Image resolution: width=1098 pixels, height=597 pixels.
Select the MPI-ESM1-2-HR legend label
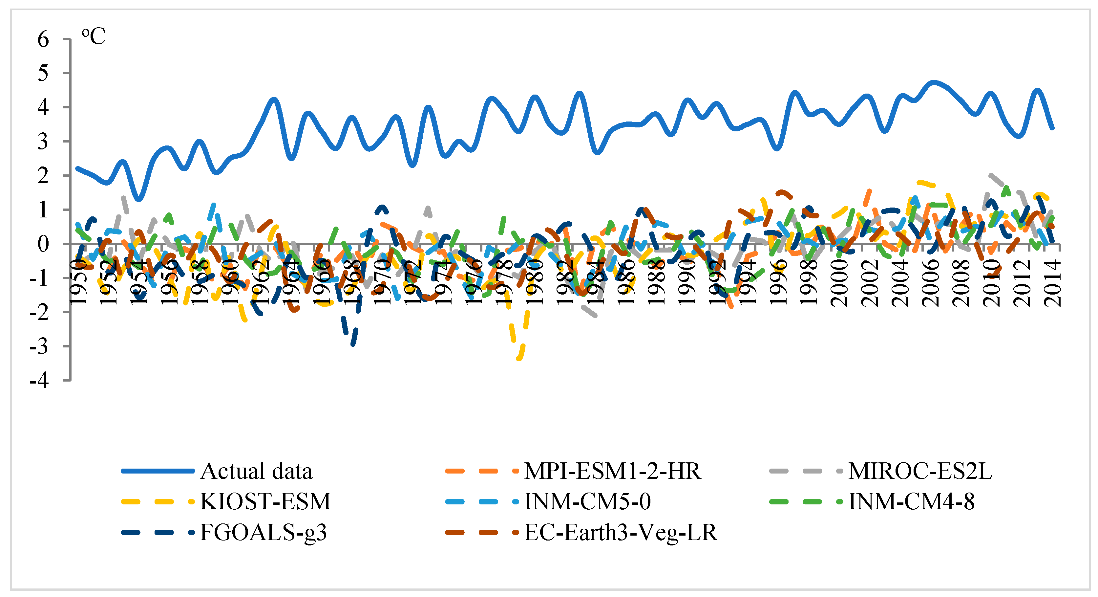[612, 472]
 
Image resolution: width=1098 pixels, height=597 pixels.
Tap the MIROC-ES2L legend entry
[920, 472]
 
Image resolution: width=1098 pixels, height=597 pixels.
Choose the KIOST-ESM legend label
[265, 502]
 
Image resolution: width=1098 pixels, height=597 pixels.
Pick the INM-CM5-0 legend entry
[587, 502]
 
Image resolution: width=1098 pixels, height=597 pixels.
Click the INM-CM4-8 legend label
[911, 502]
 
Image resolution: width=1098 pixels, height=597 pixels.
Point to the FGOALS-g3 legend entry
[263, 532]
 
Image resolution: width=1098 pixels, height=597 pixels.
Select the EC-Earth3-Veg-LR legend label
[621, 532]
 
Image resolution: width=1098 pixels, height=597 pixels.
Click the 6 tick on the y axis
[43, 40]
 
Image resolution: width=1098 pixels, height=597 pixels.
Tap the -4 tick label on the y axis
[39, 380]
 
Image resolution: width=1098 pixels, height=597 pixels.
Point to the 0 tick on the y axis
[43, 244]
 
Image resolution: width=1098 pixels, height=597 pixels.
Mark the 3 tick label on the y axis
[43, 142]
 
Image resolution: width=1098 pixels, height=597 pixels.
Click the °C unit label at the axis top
[93, 36]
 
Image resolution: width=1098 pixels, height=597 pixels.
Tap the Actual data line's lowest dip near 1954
[138, 199]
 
